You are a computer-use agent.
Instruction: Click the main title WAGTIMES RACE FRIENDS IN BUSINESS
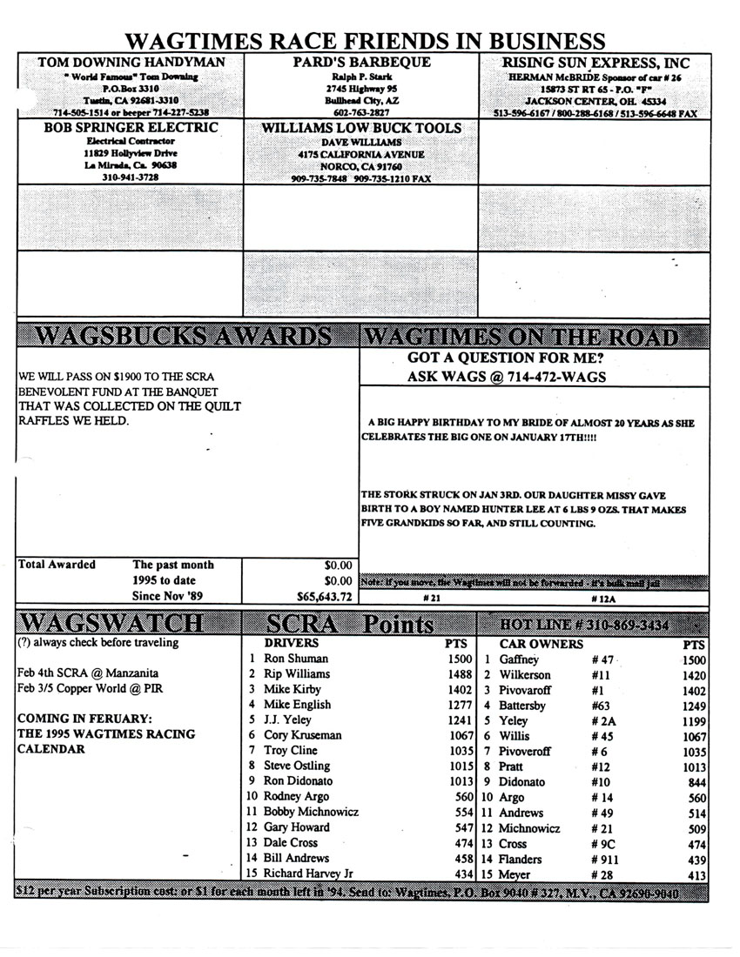pos(365,41)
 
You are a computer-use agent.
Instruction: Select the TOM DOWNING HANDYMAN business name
pos(131,63)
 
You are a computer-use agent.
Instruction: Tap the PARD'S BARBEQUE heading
pos(360,63)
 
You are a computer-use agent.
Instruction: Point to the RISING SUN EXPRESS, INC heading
pos(595,63)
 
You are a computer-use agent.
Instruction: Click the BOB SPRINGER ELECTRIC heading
pos(131,127)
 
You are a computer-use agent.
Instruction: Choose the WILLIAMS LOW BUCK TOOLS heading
pos(360,127)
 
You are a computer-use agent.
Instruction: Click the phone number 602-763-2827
pos(360,112)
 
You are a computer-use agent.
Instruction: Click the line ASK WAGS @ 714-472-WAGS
pos(507,377)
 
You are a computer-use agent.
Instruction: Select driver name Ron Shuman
pos(296,659)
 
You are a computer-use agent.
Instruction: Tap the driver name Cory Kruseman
pos(303,735)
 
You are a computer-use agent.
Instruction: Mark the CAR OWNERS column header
pos(541,645)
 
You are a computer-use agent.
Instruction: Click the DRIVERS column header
pos(291,643)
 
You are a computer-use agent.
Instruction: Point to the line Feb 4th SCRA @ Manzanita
pos(88,673)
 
